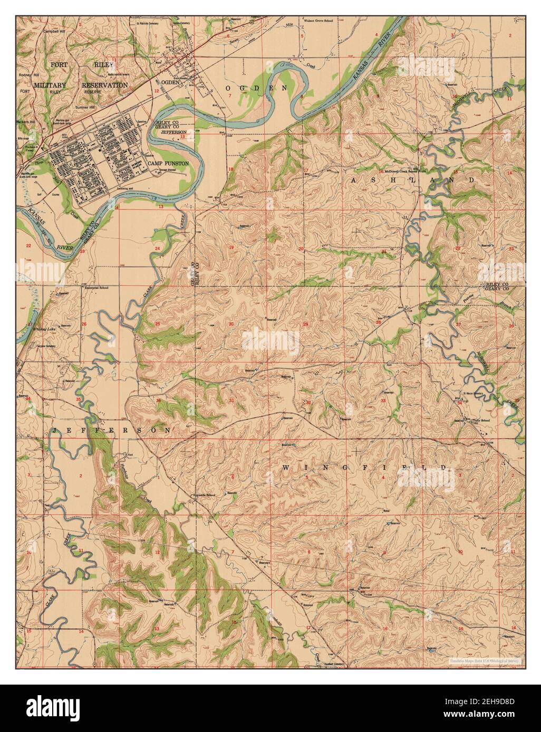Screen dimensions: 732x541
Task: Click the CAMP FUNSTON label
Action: coord(168,164)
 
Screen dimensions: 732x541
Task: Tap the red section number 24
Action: coord(157,248)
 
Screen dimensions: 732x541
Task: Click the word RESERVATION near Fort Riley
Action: coord(104,85)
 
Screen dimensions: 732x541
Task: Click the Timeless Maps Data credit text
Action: coord(485,660)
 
